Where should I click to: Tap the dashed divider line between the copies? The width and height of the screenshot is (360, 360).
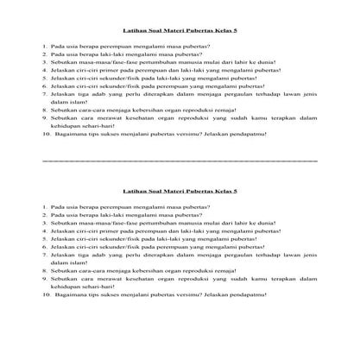(180, 161)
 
